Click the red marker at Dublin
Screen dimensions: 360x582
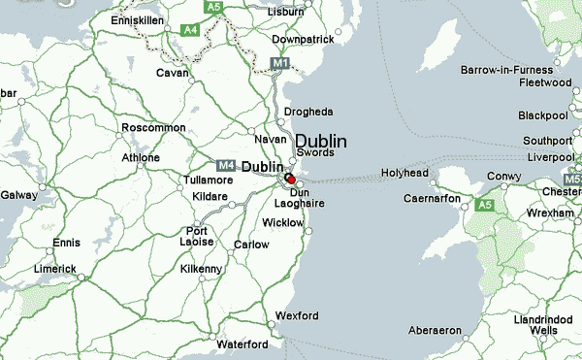(290, 179)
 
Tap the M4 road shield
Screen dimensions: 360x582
(226, 166)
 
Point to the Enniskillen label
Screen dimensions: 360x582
(141, 18)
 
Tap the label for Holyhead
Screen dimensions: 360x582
(404, 173)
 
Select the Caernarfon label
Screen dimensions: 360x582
(432, 199)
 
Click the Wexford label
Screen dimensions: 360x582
(297, 316)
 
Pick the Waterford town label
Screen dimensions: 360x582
(242, 344)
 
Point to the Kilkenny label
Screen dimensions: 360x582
(202, 269)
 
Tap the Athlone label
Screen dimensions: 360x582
(140, 157)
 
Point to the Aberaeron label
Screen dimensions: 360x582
(436, 331)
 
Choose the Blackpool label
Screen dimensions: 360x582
(542, 115)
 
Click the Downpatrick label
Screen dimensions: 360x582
(303, 39)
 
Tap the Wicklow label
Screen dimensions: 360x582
(283, 223)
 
